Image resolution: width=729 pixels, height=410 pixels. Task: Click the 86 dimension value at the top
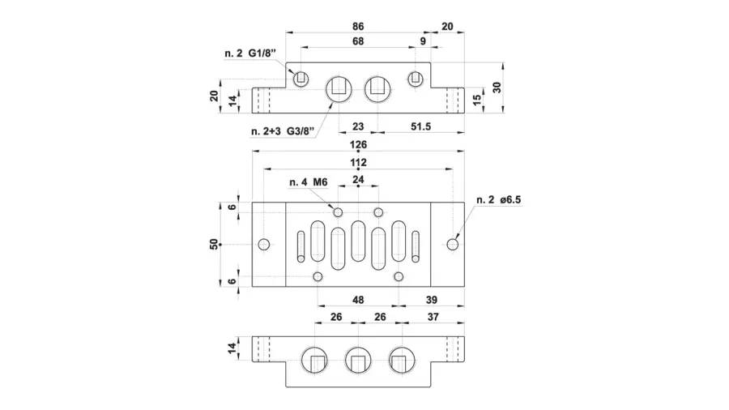[x=358, y=27]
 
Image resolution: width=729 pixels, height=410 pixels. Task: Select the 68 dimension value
[x=358, y=41]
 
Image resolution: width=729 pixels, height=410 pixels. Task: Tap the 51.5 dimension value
[x=420, y=126]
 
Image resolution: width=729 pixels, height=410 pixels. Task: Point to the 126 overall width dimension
[x=358, y=144]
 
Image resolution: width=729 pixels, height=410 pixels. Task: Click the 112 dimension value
[x=358, y=162]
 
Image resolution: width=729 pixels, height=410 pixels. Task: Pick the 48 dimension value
[x=358, y=300]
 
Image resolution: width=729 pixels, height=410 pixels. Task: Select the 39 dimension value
[x=432, y=300]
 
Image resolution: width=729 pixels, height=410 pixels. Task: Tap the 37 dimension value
[x=433, y=317]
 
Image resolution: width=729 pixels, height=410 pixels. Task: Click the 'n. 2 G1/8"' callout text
[x=250, y=53]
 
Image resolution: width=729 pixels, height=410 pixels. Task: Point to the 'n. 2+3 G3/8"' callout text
[x=283, y=131]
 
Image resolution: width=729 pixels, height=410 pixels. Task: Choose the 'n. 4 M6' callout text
[x=309, y=182]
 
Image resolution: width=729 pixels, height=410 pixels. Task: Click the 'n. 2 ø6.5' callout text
[x=498, y=200]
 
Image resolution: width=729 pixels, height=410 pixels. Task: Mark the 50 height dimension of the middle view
[x=214, y=244]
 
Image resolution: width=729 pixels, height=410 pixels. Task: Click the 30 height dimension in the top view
[x=497, y=88]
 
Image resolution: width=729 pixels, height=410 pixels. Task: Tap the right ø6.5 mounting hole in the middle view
[x=452, y=244]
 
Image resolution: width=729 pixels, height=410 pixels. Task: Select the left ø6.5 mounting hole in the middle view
[x=264, y=244]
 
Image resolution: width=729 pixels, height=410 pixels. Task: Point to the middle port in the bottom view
[x=358, y=360]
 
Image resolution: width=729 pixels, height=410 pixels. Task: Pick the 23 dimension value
[x=358, y=126]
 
